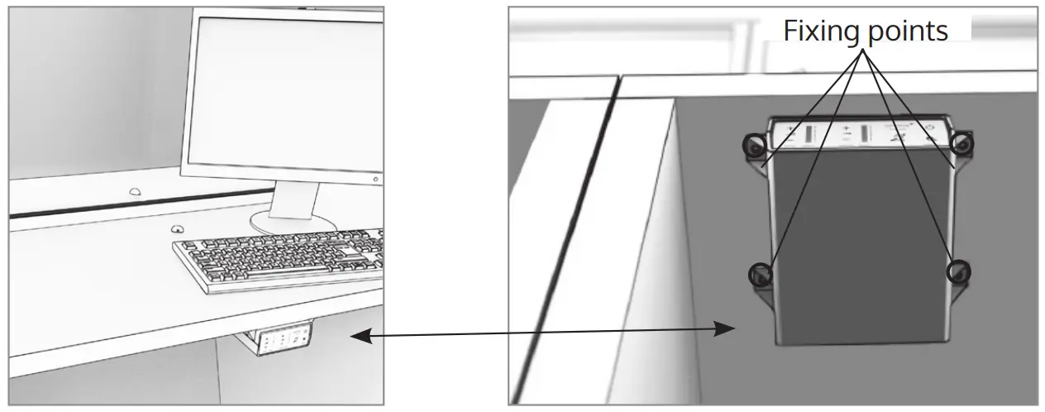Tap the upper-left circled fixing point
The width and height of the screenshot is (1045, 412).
pos(753,146)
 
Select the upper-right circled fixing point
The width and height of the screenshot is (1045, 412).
pos(961,144)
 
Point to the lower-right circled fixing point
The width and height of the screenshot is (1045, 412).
pos(957,271)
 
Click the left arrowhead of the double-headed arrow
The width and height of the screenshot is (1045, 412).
pos(357,335)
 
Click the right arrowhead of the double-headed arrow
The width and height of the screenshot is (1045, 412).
pos(728,329)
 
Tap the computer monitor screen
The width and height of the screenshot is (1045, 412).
pos(281,91)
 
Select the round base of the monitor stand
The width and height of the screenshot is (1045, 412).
pos(293,221)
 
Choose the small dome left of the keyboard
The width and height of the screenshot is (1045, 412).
pos(176,229)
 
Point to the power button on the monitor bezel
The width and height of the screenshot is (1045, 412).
pos(375,179)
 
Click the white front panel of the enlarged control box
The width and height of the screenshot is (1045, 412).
pos(860,135)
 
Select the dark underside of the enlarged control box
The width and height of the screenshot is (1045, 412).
pos(860,248)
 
